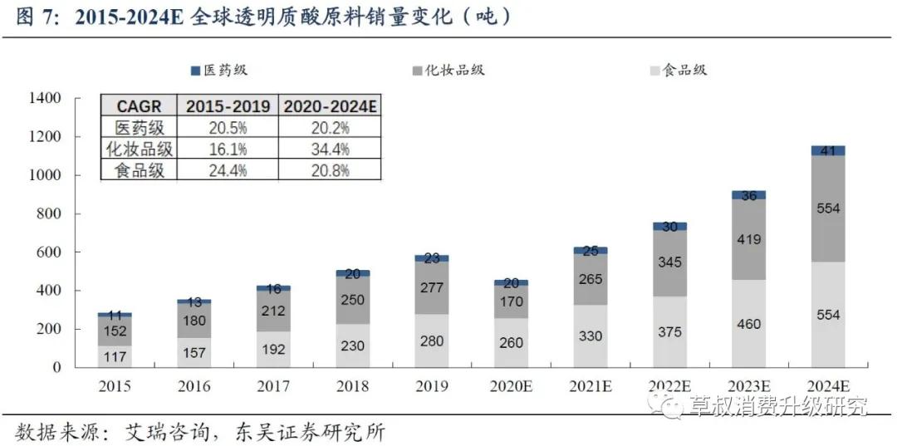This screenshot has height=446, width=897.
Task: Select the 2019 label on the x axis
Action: [x=431, y=386]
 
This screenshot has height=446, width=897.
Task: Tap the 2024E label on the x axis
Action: [x=827, y=386]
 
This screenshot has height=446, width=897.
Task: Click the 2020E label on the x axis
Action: [x=510, y=386]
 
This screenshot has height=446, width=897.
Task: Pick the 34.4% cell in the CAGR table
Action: [x=330, y=149]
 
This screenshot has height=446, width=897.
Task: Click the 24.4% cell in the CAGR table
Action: [x=228, y=170]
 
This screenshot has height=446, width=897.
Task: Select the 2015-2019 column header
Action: [x=228, y=107]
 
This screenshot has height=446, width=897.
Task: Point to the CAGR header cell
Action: [x=140, y=107]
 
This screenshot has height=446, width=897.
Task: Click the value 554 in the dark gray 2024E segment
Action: [x=827, y=208]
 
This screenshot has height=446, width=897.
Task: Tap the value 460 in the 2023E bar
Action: [x=748, y=324]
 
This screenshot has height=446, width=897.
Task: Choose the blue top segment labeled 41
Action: [x=827, y=151]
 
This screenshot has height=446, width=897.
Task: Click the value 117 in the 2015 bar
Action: [x=115, y=356]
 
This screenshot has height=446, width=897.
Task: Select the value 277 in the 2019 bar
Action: [x=431, y=287]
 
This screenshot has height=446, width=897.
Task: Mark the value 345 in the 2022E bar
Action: [x=669, y=262]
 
